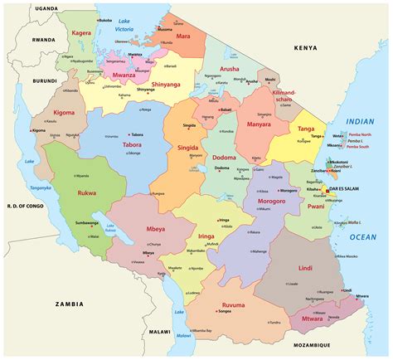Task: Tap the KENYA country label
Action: coord(306,49)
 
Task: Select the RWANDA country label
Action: coord(21,39)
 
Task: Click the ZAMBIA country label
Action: coord(68,304)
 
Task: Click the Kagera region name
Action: coord(81,34)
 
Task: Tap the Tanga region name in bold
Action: coord(306,128)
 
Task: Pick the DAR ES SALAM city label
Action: coord(347,189)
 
